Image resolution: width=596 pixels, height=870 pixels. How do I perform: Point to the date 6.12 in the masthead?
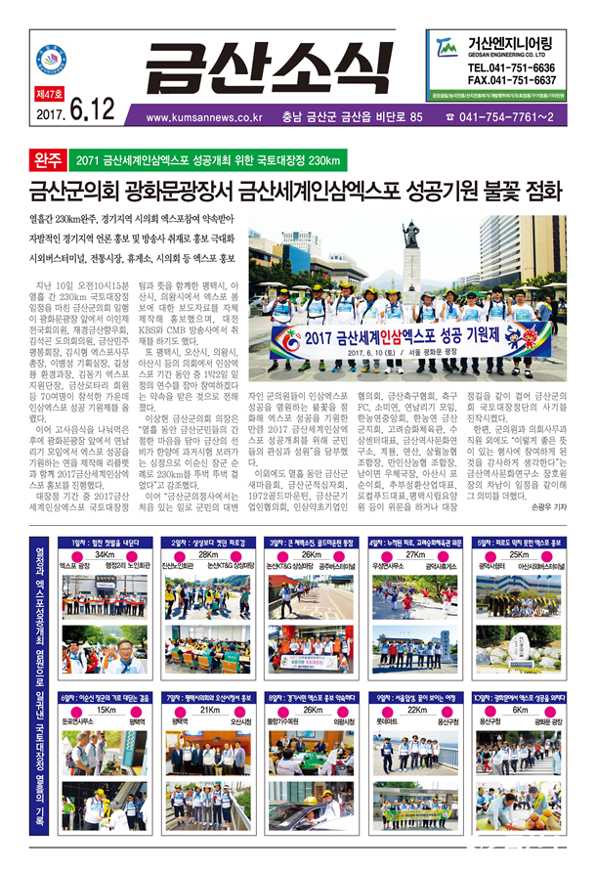[90, 115]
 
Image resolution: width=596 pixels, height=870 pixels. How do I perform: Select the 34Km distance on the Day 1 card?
[105, 554]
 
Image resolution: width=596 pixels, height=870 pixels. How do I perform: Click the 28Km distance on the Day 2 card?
[204, 554]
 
